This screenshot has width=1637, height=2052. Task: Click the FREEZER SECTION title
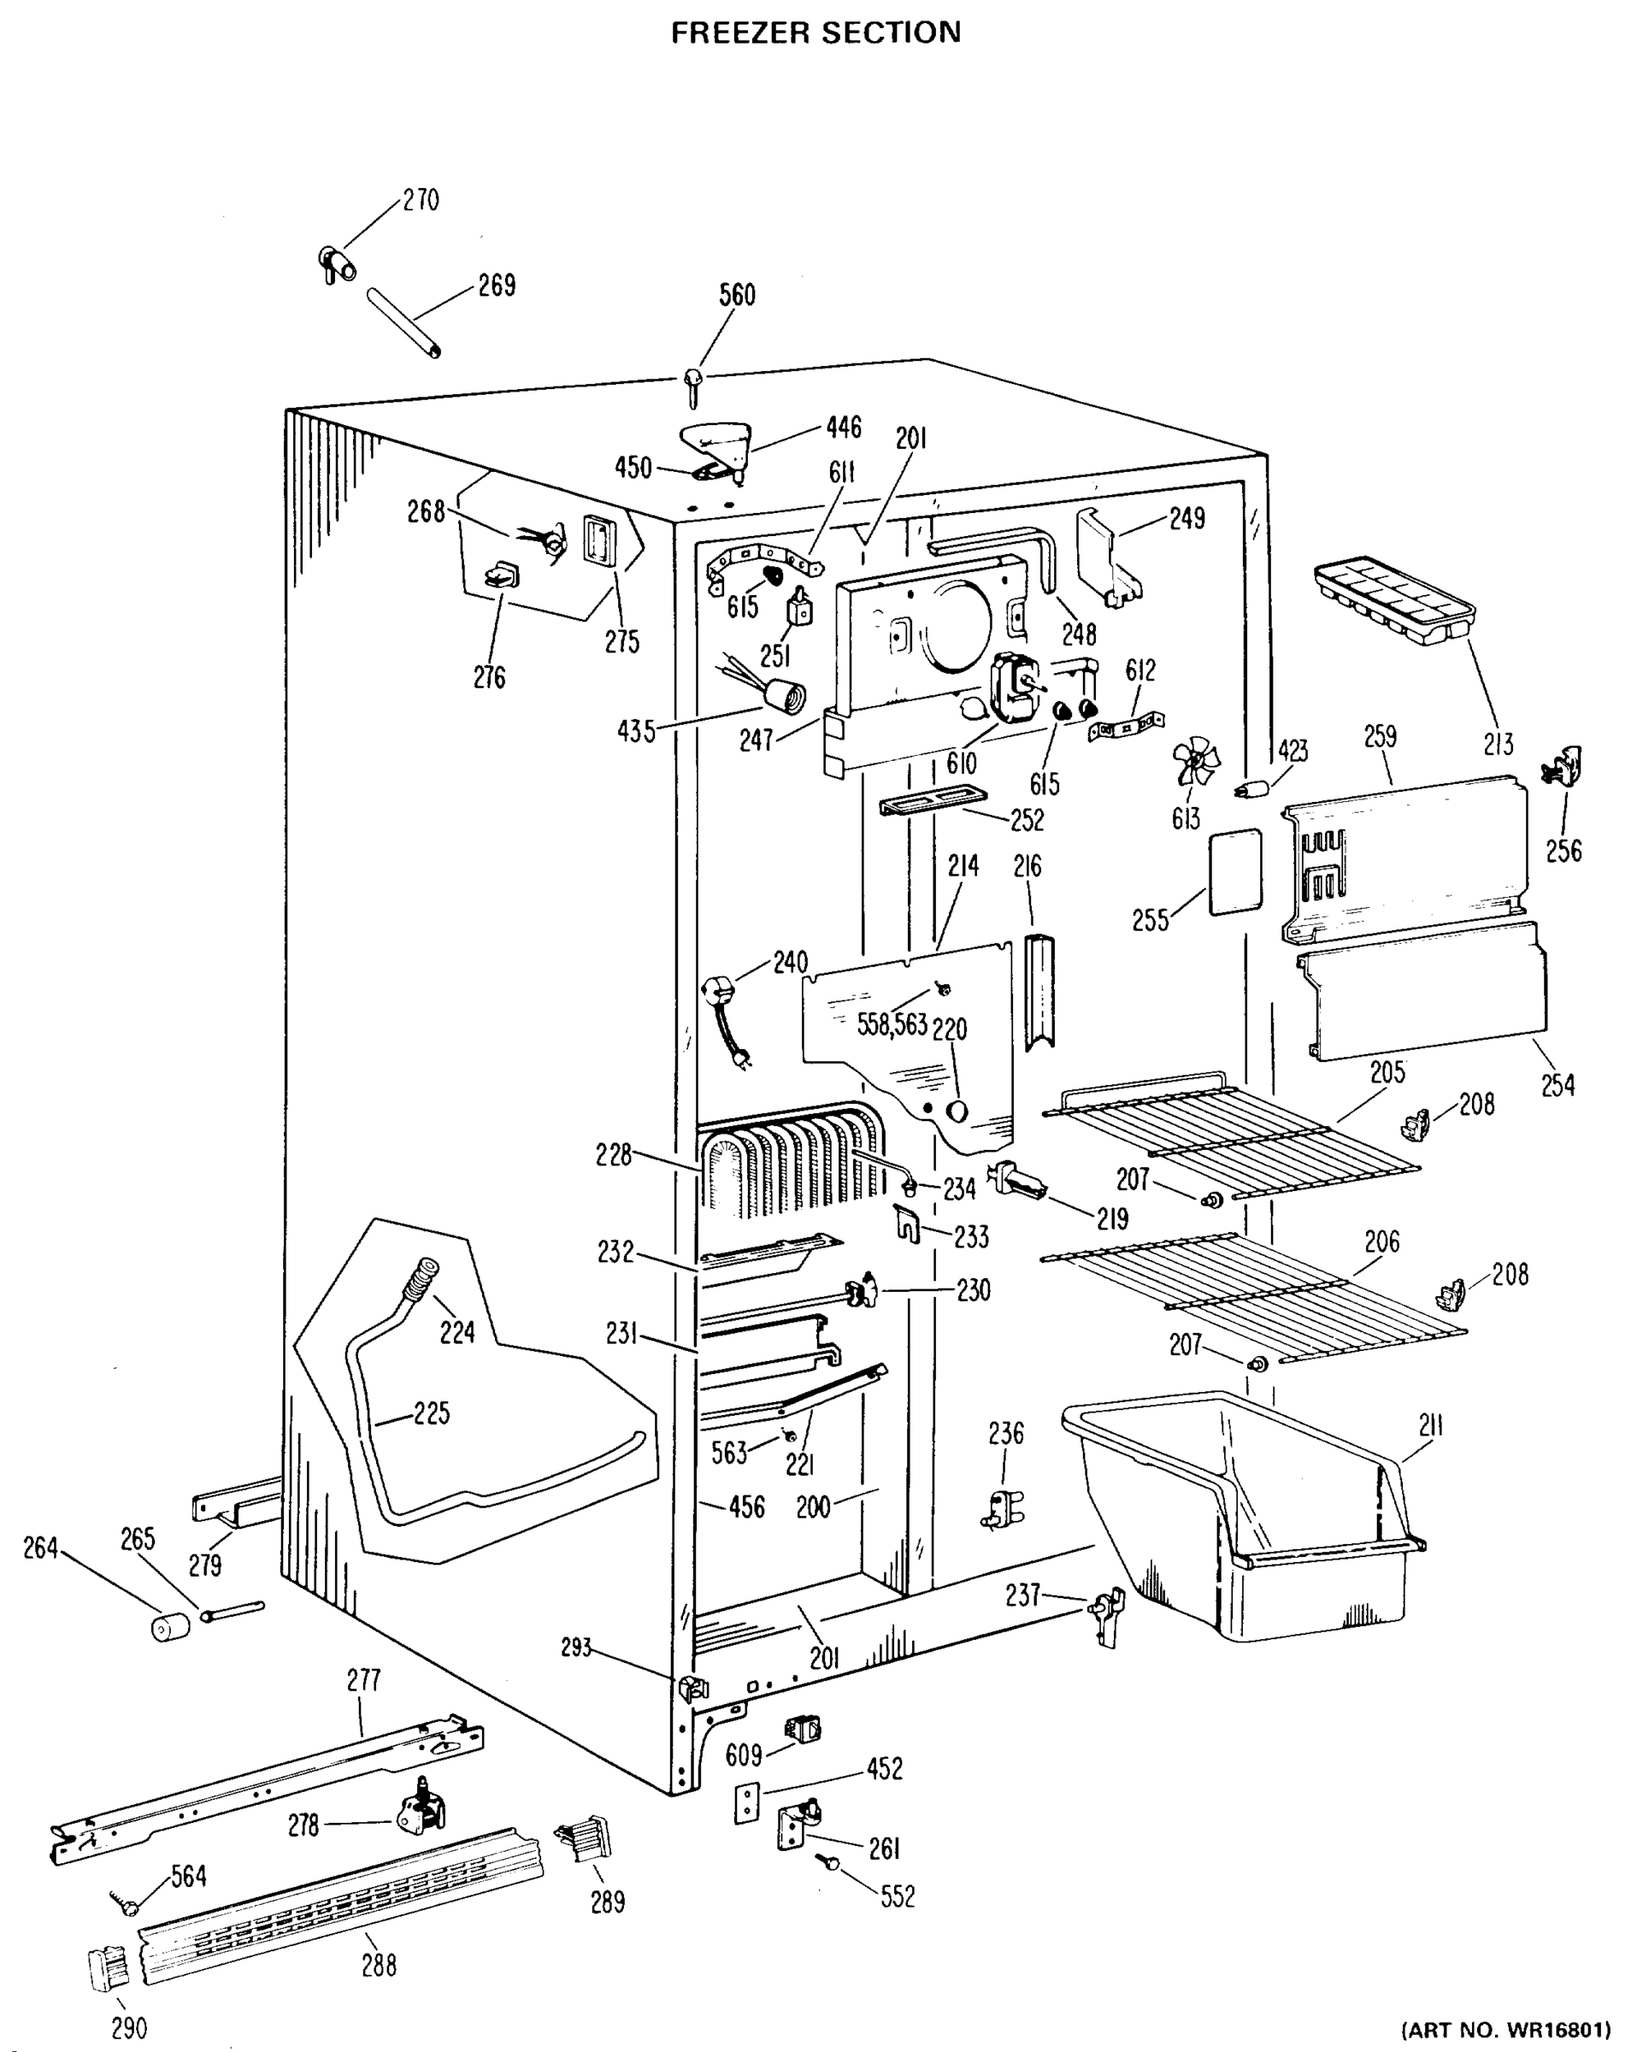click(816, 33)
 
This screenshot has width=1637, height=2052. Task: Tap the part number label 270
click(420, 201)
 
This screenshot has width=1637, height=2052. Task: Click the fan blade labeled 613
click(1195, 764)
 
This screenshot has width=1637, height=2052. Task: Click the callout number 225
click(431, 1413)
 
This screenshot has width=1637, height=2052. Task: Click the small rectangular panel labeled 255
click(1235, 872)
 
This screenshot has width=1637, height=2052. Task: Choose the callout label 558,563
click(892, 1025)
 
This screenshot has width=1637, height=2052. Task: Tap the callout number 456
click(746, 1507)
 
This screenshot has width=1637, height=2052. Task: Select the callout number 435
click(636, 732)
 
